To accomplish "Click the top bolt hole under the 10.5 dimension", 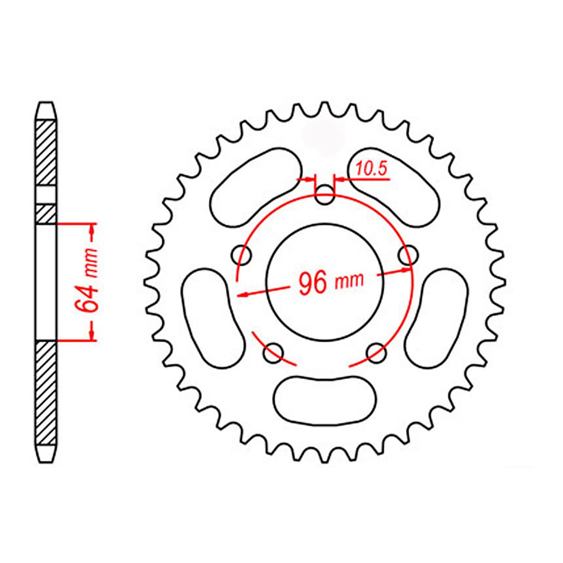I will [x=325, y=196].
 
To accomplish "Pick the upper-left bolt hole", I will [x=241, y=255].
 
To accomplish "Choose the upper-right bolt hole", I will [x=408, y=256].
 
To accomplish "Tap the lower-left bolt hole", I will [x=273, y=353].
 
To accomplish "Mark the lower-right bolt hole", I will [x=377, y=353].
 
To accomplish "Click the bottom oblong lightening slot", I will [x=325, y=399].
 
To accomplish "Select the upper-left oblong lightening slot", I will [x=256, y=187].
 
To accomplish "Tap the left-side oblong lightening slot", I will [x=213, y=318].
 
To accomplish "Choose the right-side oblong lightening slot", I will [x=436, y=318].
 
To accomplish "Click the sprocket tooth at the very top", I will [x=324, y=107].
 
